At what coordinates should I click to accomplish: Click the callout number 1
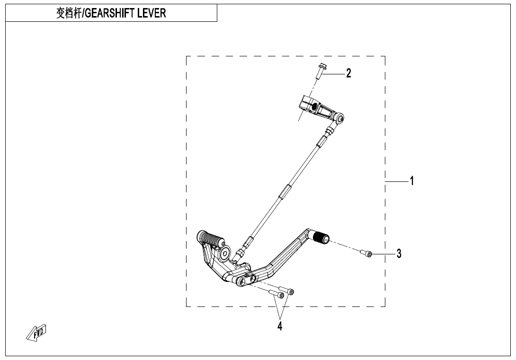click(x=412, y=180)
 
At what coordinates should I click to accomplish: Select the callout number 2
click(x=348, y=73)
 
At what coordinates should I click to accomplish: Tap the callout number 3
click(x=399, y=254)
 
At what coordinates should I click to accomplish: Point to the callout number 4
click(x=280, y=326)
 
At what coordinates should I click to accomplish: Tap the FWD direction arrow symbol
click(x=37, y=333)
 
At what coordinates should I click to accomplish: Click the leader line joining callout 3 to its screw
click(x=384, y=254)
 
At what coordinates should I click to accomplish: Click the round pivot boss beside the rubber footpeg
click(x=224, y=254)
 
